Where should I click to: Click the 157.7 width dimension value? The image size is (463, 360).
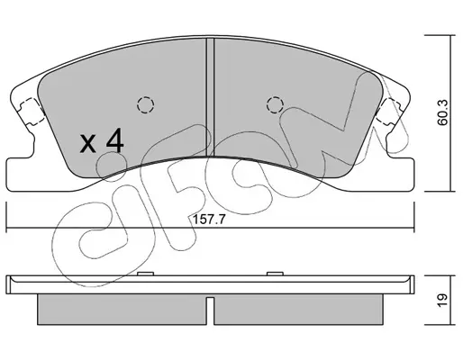pos(208,220)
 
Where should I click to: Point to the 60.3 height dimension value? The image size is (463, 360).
pos(442,112)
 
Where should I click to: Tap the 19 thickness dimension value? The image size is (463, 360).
pos(442,300)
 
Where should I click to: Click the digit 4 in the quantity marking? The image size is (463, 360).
pos(114,140)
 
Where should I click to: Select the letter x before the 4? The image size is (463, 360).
pos(88,143)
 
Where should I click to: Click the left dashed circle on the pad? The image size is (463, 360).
pos(145,105)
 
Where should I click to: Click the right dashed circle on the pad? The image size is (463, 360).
pos(275,105)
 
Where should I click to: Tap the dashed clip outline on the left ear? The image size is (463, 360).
pos(32,112)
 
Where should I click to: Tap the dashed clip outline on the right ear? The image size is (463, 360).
pos(388,112)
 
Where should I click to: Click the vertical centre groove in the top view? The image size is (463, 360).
pos(210,97)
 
